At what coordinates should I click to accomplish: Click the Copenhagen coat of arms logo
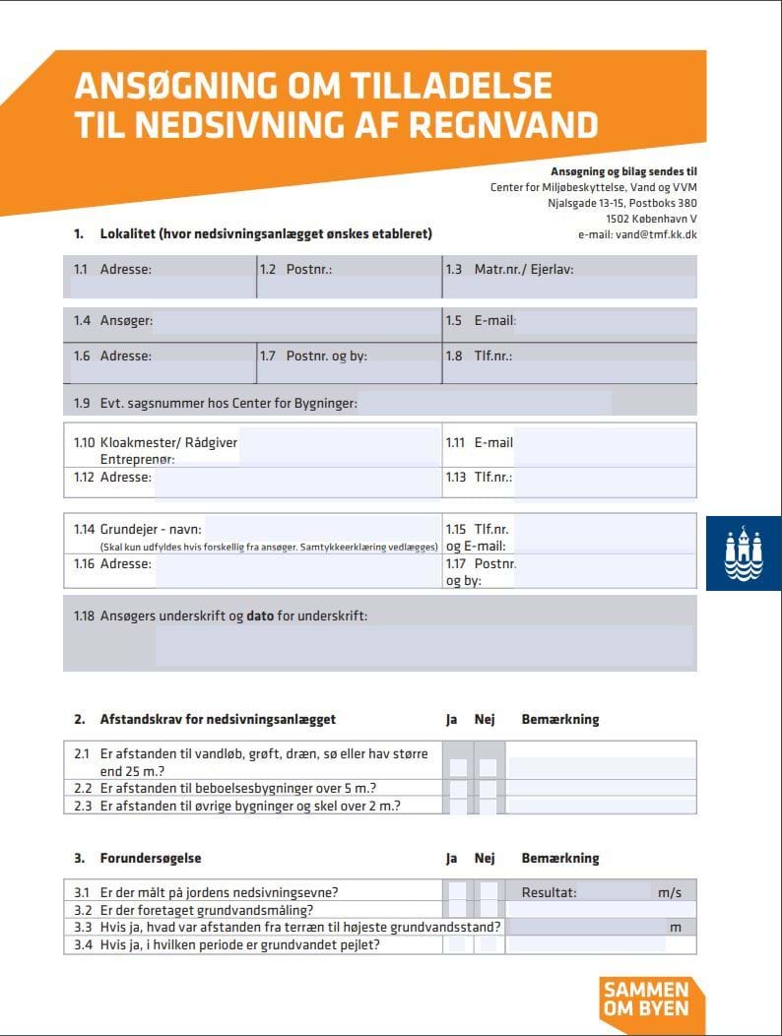coord(744,553)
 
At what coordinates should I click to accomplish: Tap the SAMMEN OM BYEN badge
coord(645,999)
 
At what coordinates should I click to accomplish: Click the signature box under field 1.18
coord(424,646)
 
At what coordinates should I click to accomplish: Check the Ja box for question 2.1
coord(458,766)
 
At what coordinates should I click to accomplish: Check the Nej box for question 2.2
coord(487,788)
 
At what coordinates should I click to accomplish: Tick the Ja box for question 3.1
coord(458,892)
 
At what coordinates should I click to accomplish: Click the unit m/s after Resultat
coord(670,893)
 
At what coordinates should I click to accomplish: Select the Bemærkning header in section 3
coord(559,859)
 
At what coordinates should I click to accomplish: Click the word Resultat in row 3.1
coord(550,893)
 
